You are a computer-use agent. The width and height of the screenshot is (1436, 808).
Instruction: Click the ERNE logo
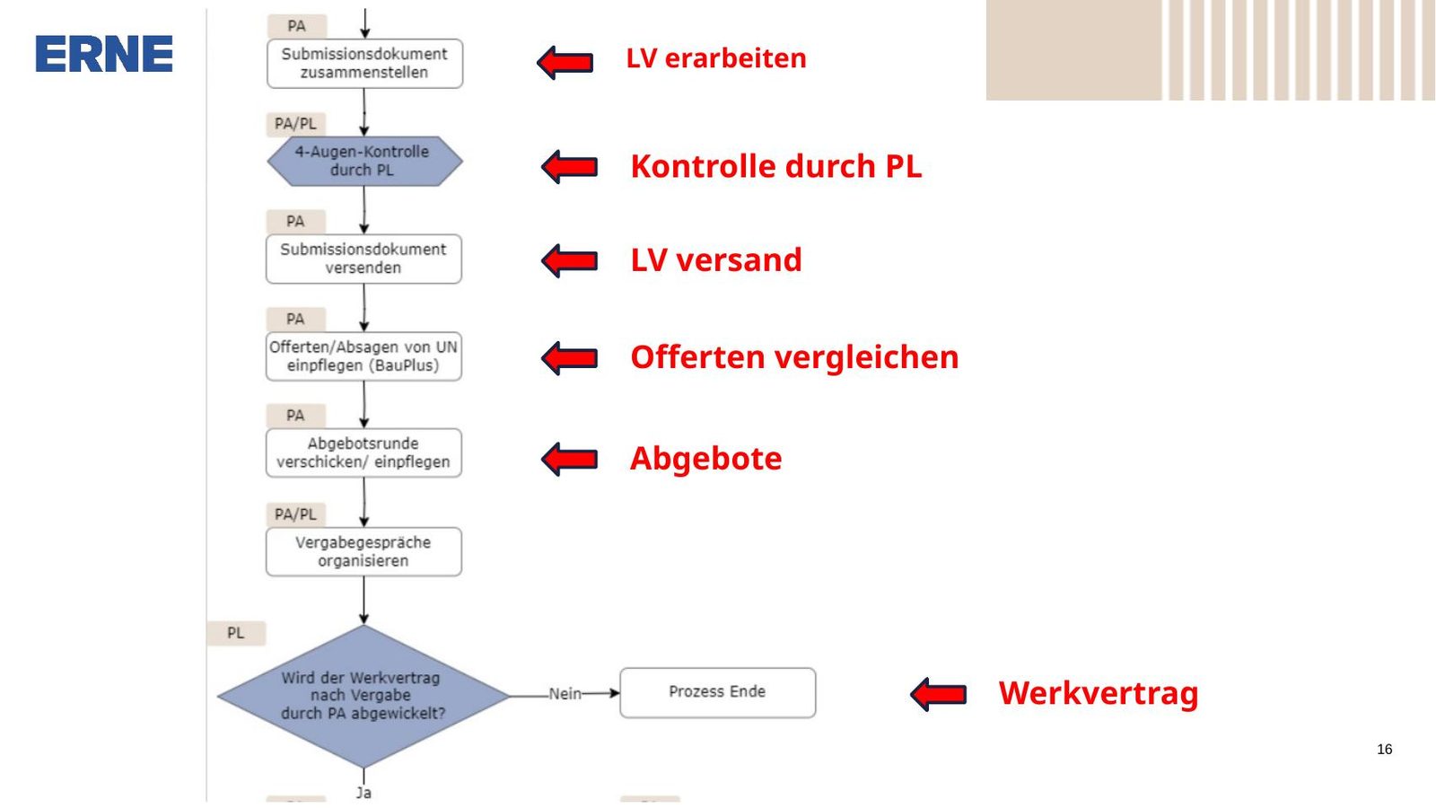104,54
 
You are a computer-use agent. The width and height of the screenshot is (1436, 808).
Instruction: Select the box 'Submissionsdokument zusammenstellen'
364,64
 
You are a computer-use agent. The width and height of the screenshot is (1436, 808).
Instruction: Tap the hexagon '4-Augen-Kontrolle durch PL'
364,161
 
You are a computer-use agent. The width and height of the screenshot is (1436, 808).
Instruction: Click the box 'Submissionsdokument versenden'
363,259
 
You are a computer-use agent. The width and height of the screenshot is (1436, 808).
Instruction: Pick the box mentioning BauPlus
363,356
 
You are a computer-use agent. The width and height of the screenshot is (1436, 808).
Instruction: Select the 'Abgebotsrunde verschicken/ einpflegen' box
363,452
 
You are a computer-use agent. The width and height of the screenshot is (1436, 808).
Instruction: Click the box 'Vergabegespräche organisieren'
363,551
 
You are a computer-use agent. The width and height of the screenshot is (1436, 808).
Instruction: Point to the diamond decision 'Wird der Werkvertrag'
363,696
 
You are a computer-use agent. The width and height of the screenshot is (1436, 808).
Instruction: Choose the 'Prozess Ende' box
717,692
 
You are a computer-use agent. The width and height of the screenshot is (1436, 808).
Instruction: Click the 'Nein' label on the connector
565,693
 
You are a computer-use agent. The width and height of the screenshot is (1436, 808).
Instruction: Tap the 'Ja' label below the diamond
364,793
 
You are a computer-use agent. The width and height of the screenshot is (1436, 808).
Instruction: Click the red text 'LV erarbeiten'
716,58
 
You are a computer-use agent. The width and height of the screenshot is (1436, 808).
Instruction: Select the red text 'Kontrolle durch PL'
775,166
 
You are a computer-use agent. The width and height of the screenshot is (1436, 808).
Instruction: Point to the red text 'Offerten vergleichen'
794,357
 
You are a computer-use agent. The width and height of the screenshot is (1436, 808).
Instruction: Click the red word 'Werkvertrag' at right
1099,694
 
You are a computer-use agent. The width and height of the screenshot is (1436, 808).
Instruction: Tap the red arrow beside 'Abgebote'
569,459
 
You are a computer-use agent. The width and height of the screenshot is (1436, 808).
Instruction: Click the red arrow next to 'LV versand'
569,260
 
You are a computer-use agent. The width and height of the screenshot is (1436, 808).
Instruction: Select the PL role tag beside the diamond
236,633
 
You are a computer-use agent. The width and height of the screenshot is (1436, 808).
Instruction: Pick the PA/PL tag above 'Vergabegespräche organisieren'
295,514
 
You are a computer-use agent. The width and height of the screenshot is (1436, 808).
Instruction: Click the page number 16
1384,749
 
